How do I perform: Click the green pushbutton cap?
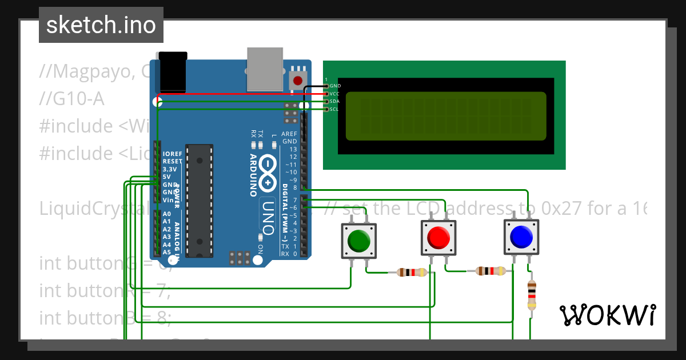point(358,241)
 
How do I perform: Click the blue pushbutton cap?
point(521,236)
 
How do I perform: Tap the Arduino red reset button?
point(297,81)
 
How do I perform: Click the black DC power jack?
point(173,71)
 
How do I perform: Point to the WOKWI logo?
point(607,315)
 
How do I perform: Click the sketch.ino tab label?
point(101,25)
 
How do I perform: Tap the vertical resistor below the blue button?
point(532,295)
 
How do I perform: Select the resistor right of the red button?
point(491,271)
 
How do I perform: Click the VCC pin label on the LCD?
point(335,93)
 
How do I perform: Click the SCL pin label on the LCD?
point(335,109)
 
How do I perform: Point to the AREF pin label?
point(290,133)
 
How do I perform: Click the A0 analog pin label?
point(166,214)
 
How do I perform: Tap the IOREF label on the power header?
point(172,154)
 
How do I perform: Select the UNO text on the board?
point(268,213)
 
